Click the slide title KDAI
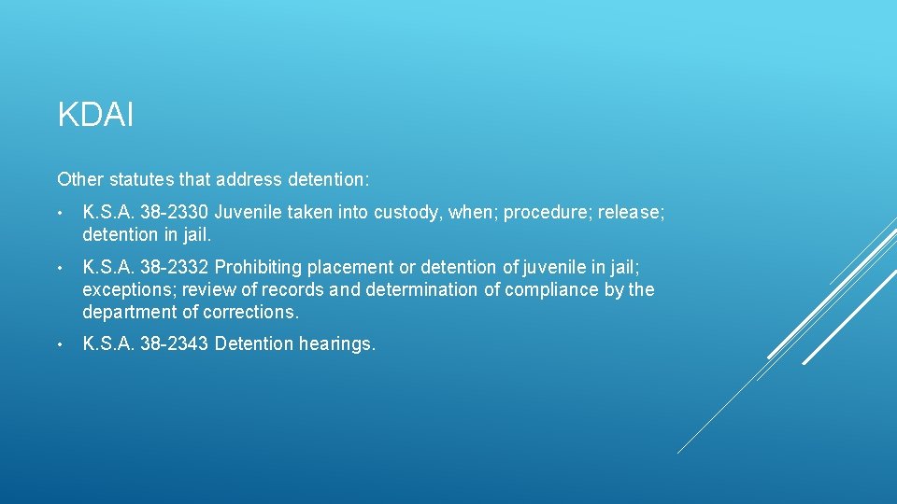[95, 116]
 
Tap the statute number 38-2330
[178, 213]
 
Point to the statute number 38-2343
[178, 344]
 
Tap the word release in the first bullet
[629, 213]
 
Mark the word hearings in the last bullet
[337, 344]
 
